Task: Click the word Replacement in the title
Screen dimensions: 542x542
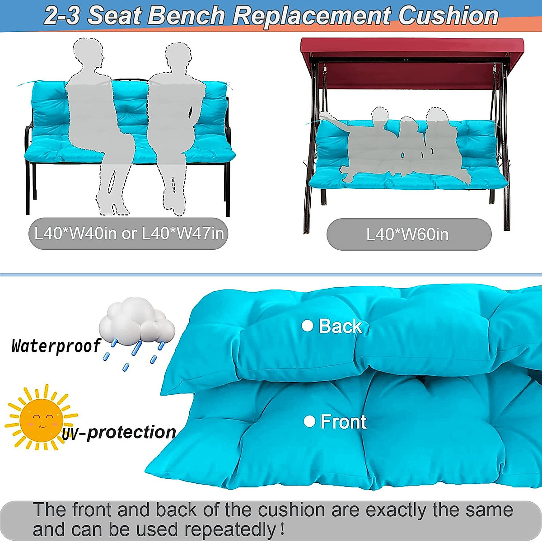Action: (312, 16)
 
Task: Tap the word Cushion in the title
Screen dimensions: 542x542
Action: (448, 16)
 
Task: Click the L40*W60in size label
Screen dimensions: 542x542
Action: (408, 234)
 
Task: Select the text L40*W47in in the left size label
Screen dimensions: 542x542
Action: (183, 234)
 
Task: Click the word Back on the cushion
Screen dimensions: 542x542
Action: (340, 326)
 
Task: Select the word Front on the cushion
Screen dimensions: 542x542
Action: (343, 422)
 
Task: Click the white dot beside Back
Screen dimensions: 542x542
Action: (308, 326)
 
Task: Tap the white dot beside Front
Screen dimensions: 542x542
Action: (309, 421)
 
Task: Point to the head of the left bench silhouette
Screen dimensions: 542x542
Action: (89, 53)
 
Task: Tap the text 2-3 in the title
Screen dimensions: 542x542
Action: (62, 16)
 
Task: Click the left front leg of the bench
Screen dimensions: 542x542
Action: (28, 190)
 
